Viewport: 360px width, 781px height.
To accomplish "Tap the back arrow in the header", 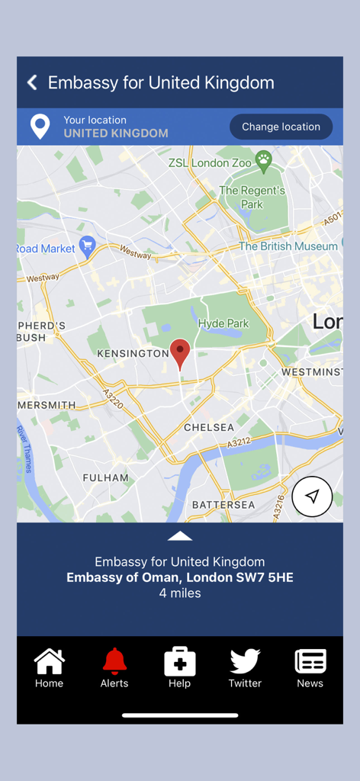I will (x=32, y=82).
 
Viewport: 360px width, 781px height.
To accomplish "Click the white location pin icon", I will (x=40, y=127).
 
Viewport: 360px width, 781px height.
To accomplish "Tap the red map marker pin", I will (x=180, y=353).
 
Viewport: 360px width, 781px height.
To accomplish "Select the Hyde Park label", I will (x=223, y=323).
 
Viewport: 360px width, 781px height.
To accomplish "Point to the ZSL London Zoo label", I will (x=210, y=162).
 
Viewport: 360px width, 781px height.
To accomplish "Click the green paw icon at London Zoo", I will (x=264, y=159).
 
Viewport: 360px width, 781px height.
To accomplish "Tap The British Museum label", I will (x=288, y=246).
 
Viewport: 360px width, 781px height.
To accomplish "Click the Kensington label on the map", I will (x=133, y=354).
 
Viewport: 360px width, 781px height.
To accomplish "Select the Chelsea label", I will (x=209, y=428).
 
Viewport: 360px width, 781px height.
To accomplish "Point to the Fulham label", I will (x=106, y=477).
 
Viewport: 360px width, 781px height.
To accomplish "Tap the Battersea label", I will (x=223, y=505).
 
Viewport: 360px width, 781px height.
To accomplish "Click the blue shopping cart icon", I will (x=88, y=246).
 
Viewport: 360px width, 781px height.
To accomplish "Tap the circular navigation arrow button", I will (x=312, y=497).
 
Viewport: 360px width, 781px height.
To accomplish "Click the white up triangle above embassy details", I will (x=180, y=536).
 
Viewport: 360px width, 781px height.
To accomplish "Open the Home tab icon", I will (x=49, y=661).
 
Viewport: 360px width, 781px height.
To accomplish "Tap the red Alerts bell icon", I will (x=114, y=661).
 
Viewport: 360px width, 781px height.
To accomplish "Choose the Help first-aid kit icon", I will (x=180, y=661).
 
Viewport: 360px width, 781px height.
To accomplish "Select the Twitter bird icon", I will (x=245, y=660).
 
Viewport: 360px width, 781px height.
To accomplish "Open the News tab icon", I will (x=310, y=661).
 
